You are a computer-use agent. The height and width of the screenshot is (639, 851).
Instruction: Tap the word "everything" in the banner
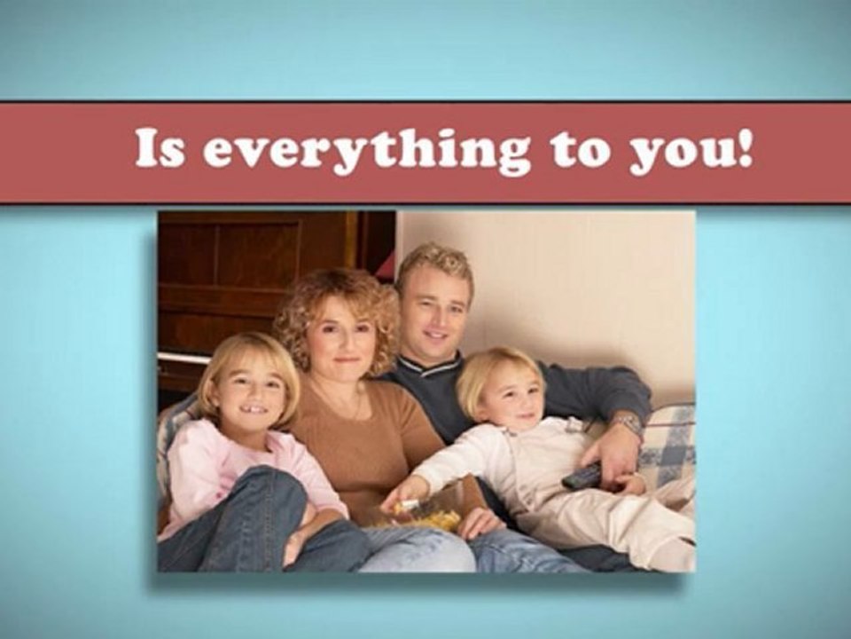[x=367, y=152]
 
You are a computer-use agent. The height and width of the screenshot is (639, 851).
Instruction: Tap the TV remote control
[x=582, y=476]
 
